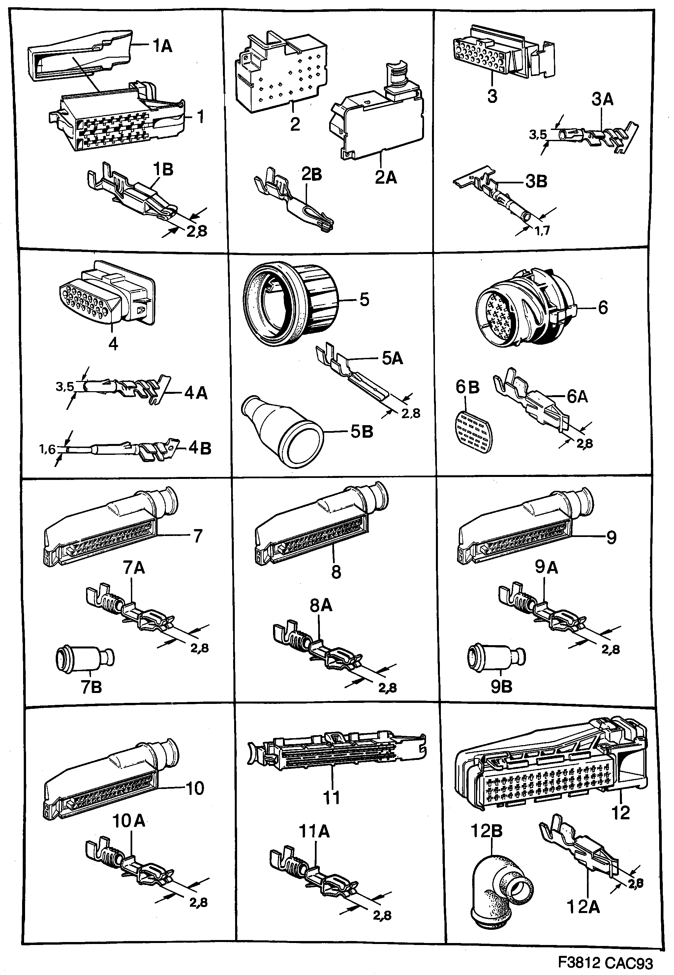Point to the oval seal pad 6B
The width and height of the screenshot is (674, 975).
474,431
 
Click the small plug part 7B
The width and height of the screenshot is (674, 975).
85,659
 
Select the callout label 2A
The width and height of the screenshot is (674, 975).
385,178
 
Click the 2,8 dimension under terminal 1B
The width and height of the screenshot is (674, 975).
197,232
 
